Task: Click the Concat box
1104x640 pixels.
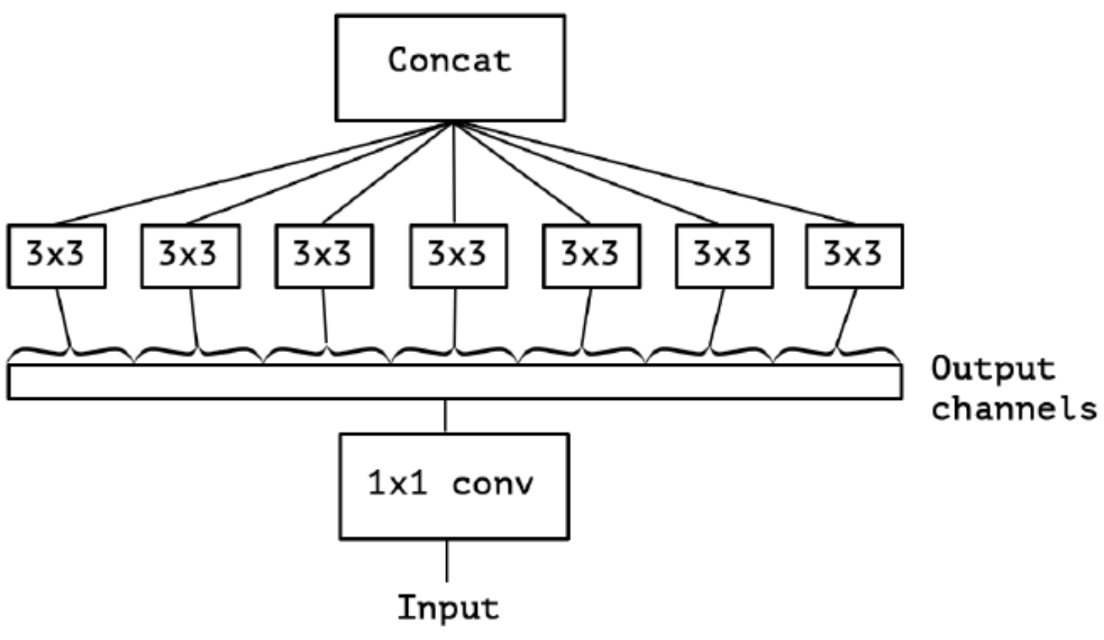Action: (x=450, y=68)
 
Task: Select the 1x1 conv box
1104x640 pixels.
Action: (x=454, y=486)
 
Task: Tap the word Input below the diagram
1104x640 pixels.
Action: (x=448, y=608)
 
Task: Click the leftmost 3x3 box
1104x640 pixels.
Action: (x=57, y=256)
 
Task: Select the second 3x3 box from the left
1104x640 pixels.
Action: (x=190, y=256)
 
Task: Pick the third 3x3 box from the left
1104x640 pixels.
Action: (x=324, y=256)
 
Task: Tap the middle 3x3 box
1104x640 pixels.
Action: (x=458, y=256)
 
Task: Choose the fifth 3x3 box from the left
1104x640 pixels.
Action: (x=591, y=256)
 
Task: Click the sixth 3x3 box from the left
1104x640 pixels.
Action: (x=724, y=256)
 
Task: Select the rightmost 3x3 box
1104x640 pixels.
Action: (x=854, y=256)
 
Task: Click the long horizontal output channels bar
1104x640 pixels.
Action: (x=454, y=382)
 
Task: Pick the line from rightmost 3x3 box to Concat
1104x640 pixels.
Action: (x=654, y=173)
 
